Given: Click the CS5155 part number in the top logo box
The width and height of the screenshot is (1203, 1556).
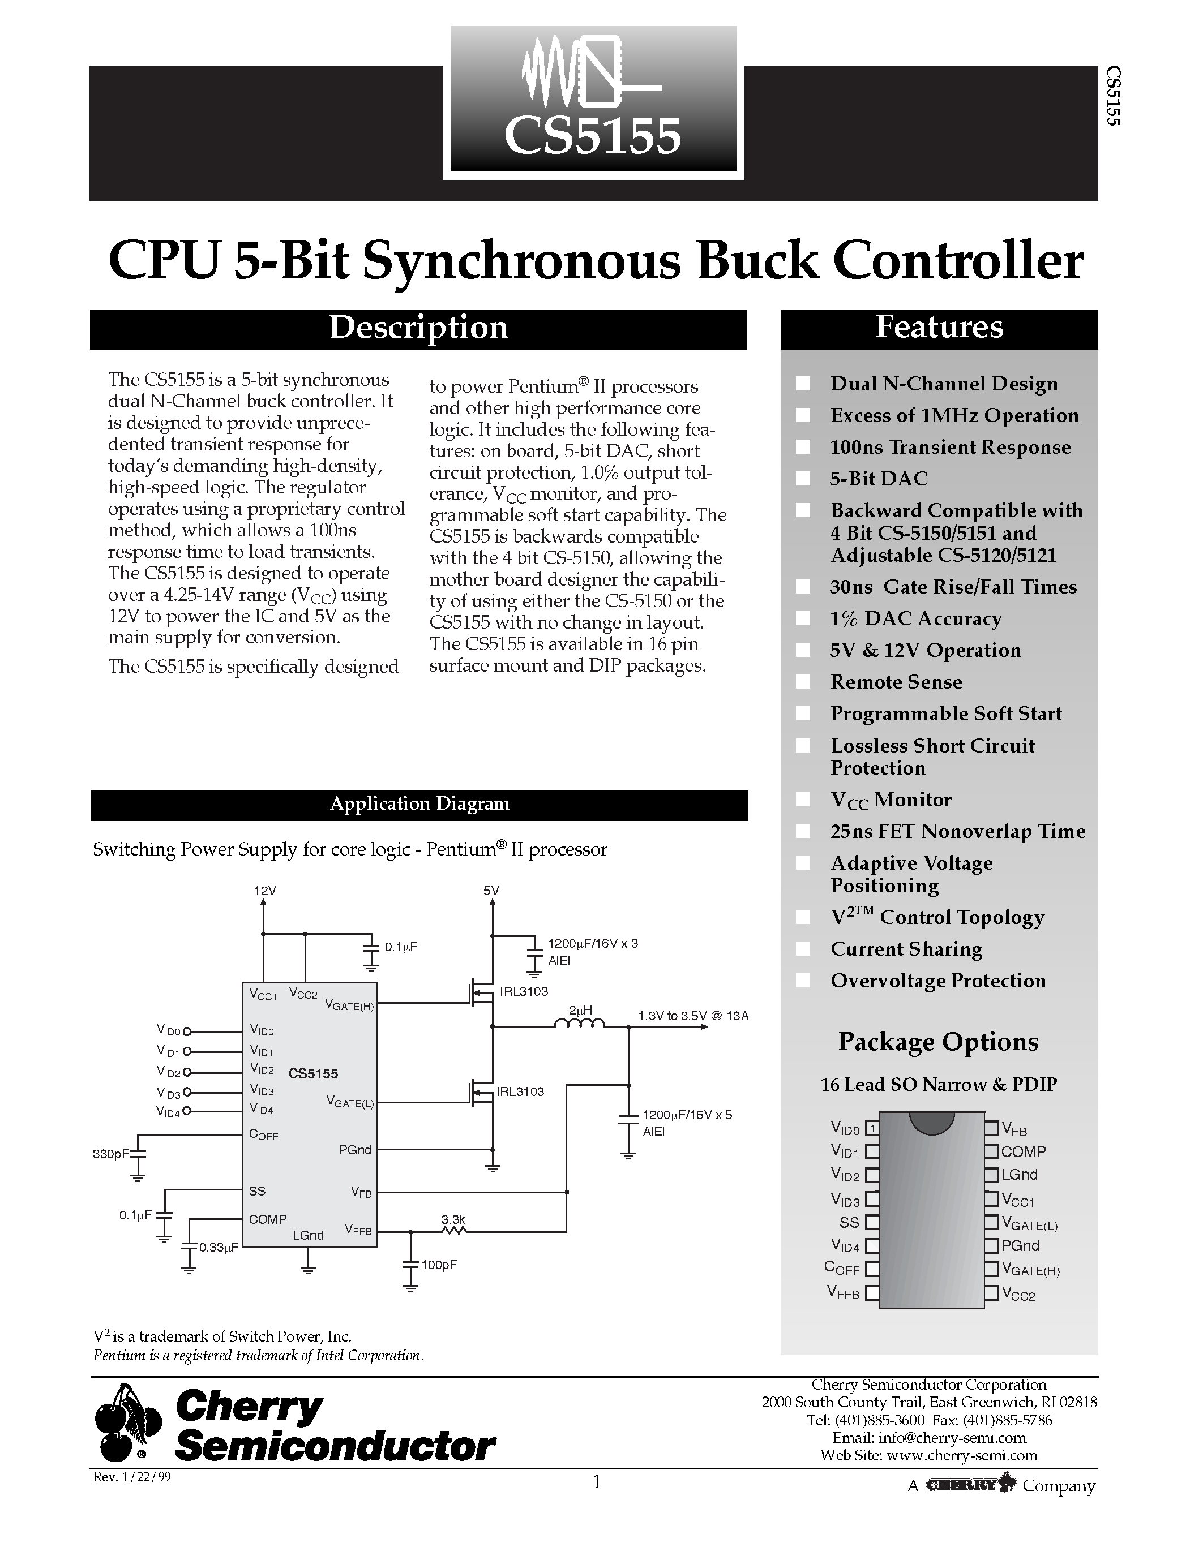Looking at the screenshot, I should click(x=592, y=137).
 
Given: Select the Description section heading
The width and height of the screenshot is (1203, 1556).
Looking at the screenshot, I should click(x=418, y=328).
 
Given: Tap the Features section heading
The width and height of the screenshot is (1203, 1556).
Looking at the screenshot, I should click(x=939, y=328).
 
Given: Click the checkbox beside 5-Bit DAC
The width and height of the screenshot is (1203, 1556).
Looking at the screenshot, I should click(x=803, y=479).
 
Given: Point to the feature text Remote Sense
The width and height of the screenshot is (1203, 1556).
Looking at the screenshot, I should click(x=896, y=682).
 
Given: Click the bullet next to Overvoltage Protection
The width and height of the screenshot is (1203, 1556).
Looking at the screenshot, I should click(x=803, y=981).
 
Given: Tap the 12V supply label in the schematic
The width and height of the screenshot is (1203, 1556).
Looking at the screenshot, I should click(x=265, y=891).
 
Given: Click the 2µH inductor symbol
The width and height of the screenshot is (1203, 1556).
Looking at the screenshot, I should click(x=579, y=1025).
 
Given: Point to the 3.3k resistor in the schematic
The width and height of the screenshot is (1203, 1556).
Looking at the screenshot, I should click(x=453, y=1230).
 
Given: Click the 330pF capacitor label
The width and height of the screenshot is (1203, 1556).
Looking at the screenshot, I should click(x=110, y=1154).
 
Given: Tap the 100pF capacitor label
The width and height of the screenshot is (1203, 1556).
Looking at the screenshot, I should click(x=438, y=1265).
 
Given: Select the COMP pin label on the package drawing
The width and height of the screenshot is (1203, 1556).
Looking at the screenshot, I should click(x=1023, y=1151).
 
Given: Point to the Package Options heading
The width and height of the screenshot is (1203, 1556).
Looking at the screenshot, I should click(x=938, y=1042).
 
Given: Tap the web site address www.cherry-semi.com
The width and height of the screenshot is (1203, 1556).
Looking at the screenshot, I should click(x=961, y=1455).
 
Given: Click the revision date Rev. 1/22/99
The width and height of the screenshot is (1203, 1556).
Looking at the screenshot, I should click(x=132, y=1477).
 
